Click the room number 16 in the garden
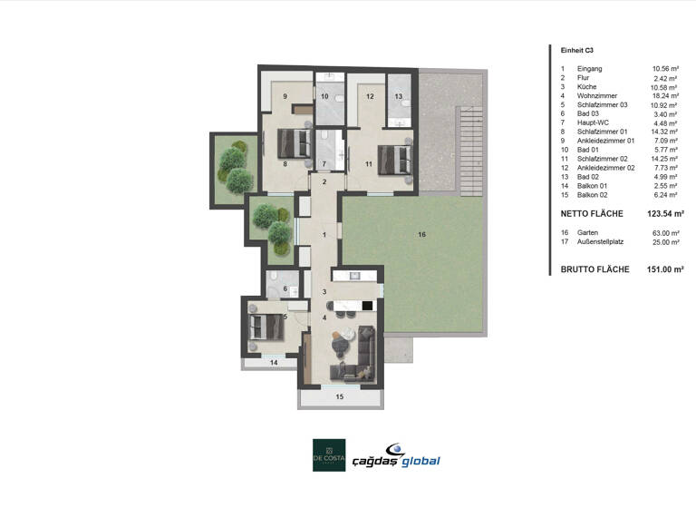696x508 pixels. tap(421, 235)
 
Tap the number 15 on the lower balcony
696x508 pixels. tap(340, 396)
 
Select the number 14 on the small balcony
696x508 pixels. tap(273, 362)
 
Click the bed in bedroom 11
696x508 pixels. tap(393, 156)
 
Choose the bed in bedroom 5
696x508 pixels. tap(266, 327)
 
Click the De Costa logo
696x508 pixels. tap(329, 454)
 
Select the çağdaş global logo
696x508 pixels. tap(401, 455)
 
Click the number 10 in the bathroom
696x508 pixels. tap(324, 95)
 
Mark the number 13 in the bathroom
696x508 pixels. tap(398, 95)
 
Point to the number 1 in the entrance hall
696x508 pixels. tap(324, 235)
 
